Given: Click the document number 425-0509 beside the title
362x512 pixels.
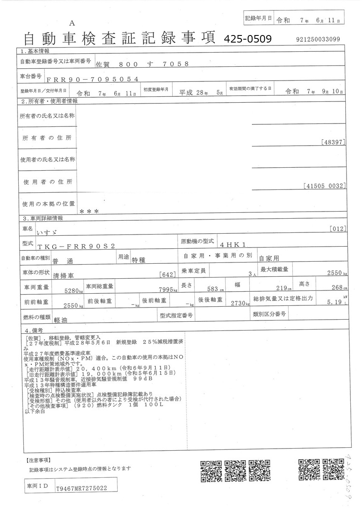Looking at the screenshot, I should point(248,39).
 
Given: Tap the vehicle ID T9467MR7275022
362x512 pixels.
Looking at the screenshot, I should point(81,488).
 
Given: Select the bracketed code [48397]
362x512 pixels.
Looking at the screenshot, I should point(334,142).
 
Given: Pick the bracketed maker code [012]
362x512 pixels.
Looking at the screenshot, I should point(337,228).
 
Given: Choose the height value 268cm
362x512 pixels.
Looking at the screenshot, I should point(336,288).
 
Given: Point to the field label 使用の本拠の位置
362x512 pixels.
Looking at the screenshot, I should point(48,204).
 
